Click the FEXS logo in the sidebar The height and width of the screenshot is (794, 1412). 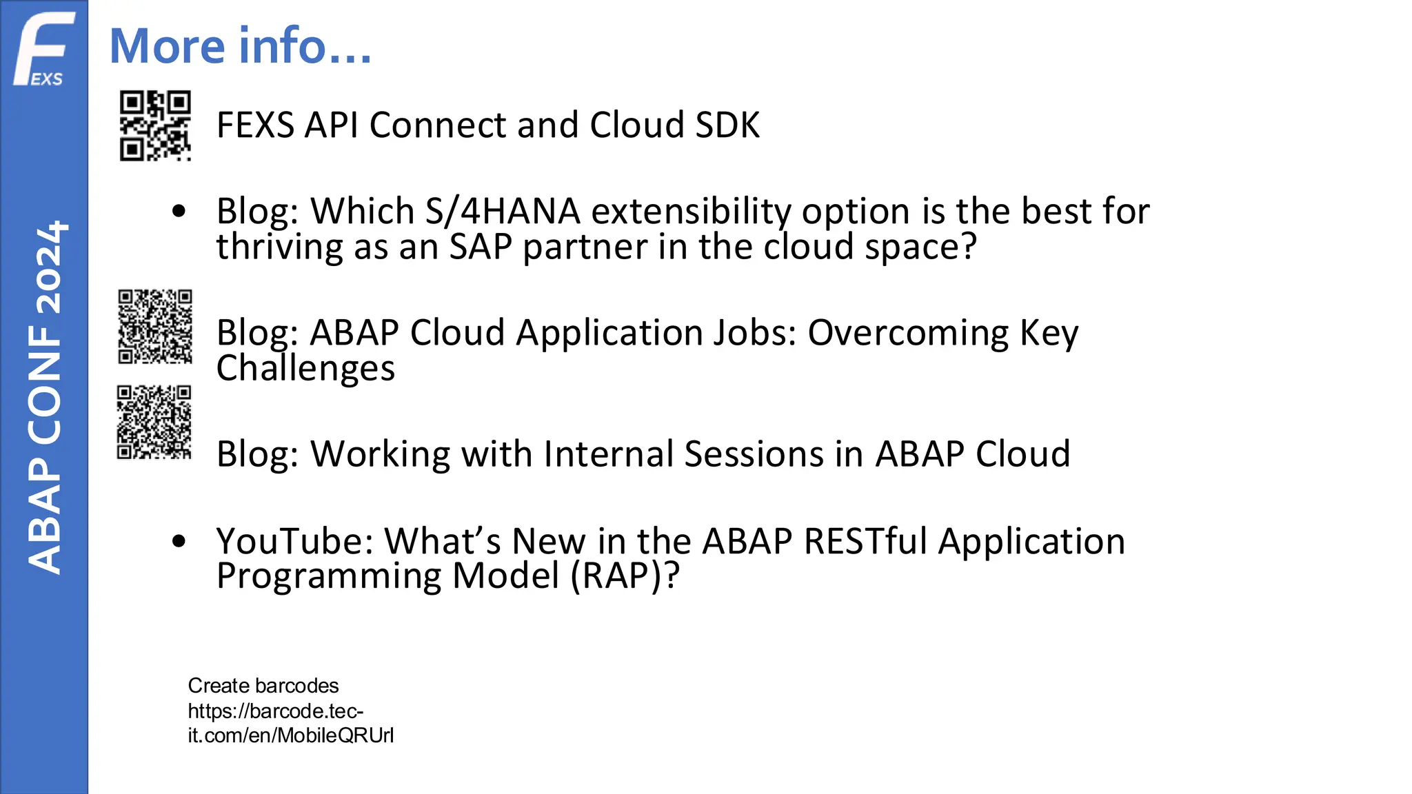pyautogui.click(x=43, y=50)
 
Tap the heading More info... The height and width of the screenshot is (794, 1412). pyautogui.click(x=240, y=46)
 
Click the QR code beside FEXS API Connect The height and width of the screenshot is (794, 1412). pyautogui.click(x=155, y=126)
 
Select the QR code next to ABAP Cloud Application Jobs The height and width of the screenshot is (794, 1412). pyautogui.click(x=155, y=327)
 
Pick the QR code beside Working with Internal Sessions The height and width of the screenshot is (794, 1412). pyautogui.click(x=154, y=423)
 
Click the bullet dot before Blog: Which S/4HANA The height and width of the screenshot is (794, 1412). pyautogui.click(x=179, y=212)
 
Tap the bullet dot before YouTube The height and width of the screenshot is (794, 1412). pyautogui.click(x=179, y=541)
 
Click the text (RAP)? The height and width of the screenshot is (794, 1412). pyautogui.click(x=625, y=576)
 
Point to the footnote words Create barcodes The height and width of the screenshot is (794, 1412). pyautogui.click(x=263, y=686)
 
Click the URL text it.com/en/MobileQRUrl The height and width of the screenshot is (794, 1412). pyautogui.click(x=290, y=735)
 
